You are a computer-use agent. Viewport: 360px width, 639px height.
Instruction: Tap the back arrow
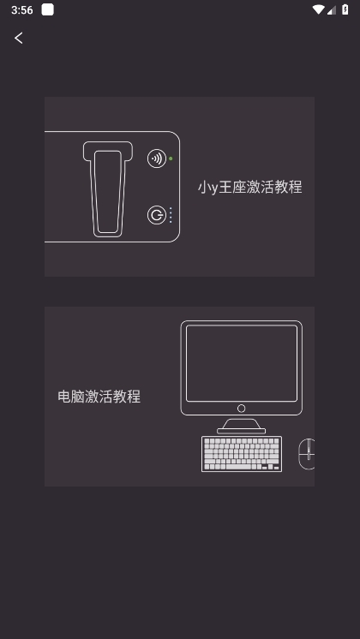(18, 38)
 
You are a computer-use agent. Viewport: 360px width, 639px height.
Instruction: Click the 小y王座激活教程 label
(250, 187)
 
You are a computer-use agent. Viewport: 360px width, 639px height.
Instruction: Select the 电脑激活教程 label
(99, 397)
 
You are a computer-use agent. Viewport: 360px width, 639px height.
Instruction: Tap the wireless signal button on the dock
(157, 158)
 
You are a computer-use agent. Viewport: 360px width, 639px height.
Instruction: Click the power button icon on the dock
(157, 215)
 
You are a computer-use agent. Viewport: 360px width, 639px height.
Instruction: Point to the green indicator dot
(171, 158)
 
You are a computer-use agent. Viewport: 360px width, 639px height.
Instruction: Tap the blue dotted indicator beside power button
(171, 215)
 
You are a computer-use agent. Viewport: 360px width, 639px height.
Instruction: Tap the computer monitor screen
(242, 363)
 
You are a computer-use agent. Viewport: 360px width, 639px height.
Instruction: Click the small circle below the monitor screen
(242, 409)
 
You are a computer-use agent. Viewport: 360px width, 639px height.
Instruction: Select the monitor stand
(242, 427)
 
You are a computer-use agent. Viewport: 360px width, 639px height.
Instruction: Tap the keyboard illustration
(242, 454)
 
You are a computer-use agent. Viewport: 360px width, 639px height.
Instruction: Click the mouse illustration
(307, 454)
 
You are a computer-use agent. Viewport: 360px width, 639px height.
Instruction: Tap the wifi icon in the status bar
(318, 9)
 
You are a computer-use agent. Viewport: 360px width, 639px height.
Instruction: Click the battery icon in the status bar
(345, 9)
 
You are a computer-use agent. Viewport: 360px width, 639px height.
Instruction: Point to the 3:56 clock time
(22, 9)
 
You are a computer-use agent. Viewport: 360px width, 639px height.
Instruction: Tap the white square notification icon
(48, 9)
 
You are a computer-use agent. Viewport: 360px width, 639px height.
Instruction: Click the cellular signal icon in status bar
(332, 9)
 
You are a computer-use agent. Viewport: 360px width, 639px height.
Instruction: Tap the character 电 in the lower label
(64, 397)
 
